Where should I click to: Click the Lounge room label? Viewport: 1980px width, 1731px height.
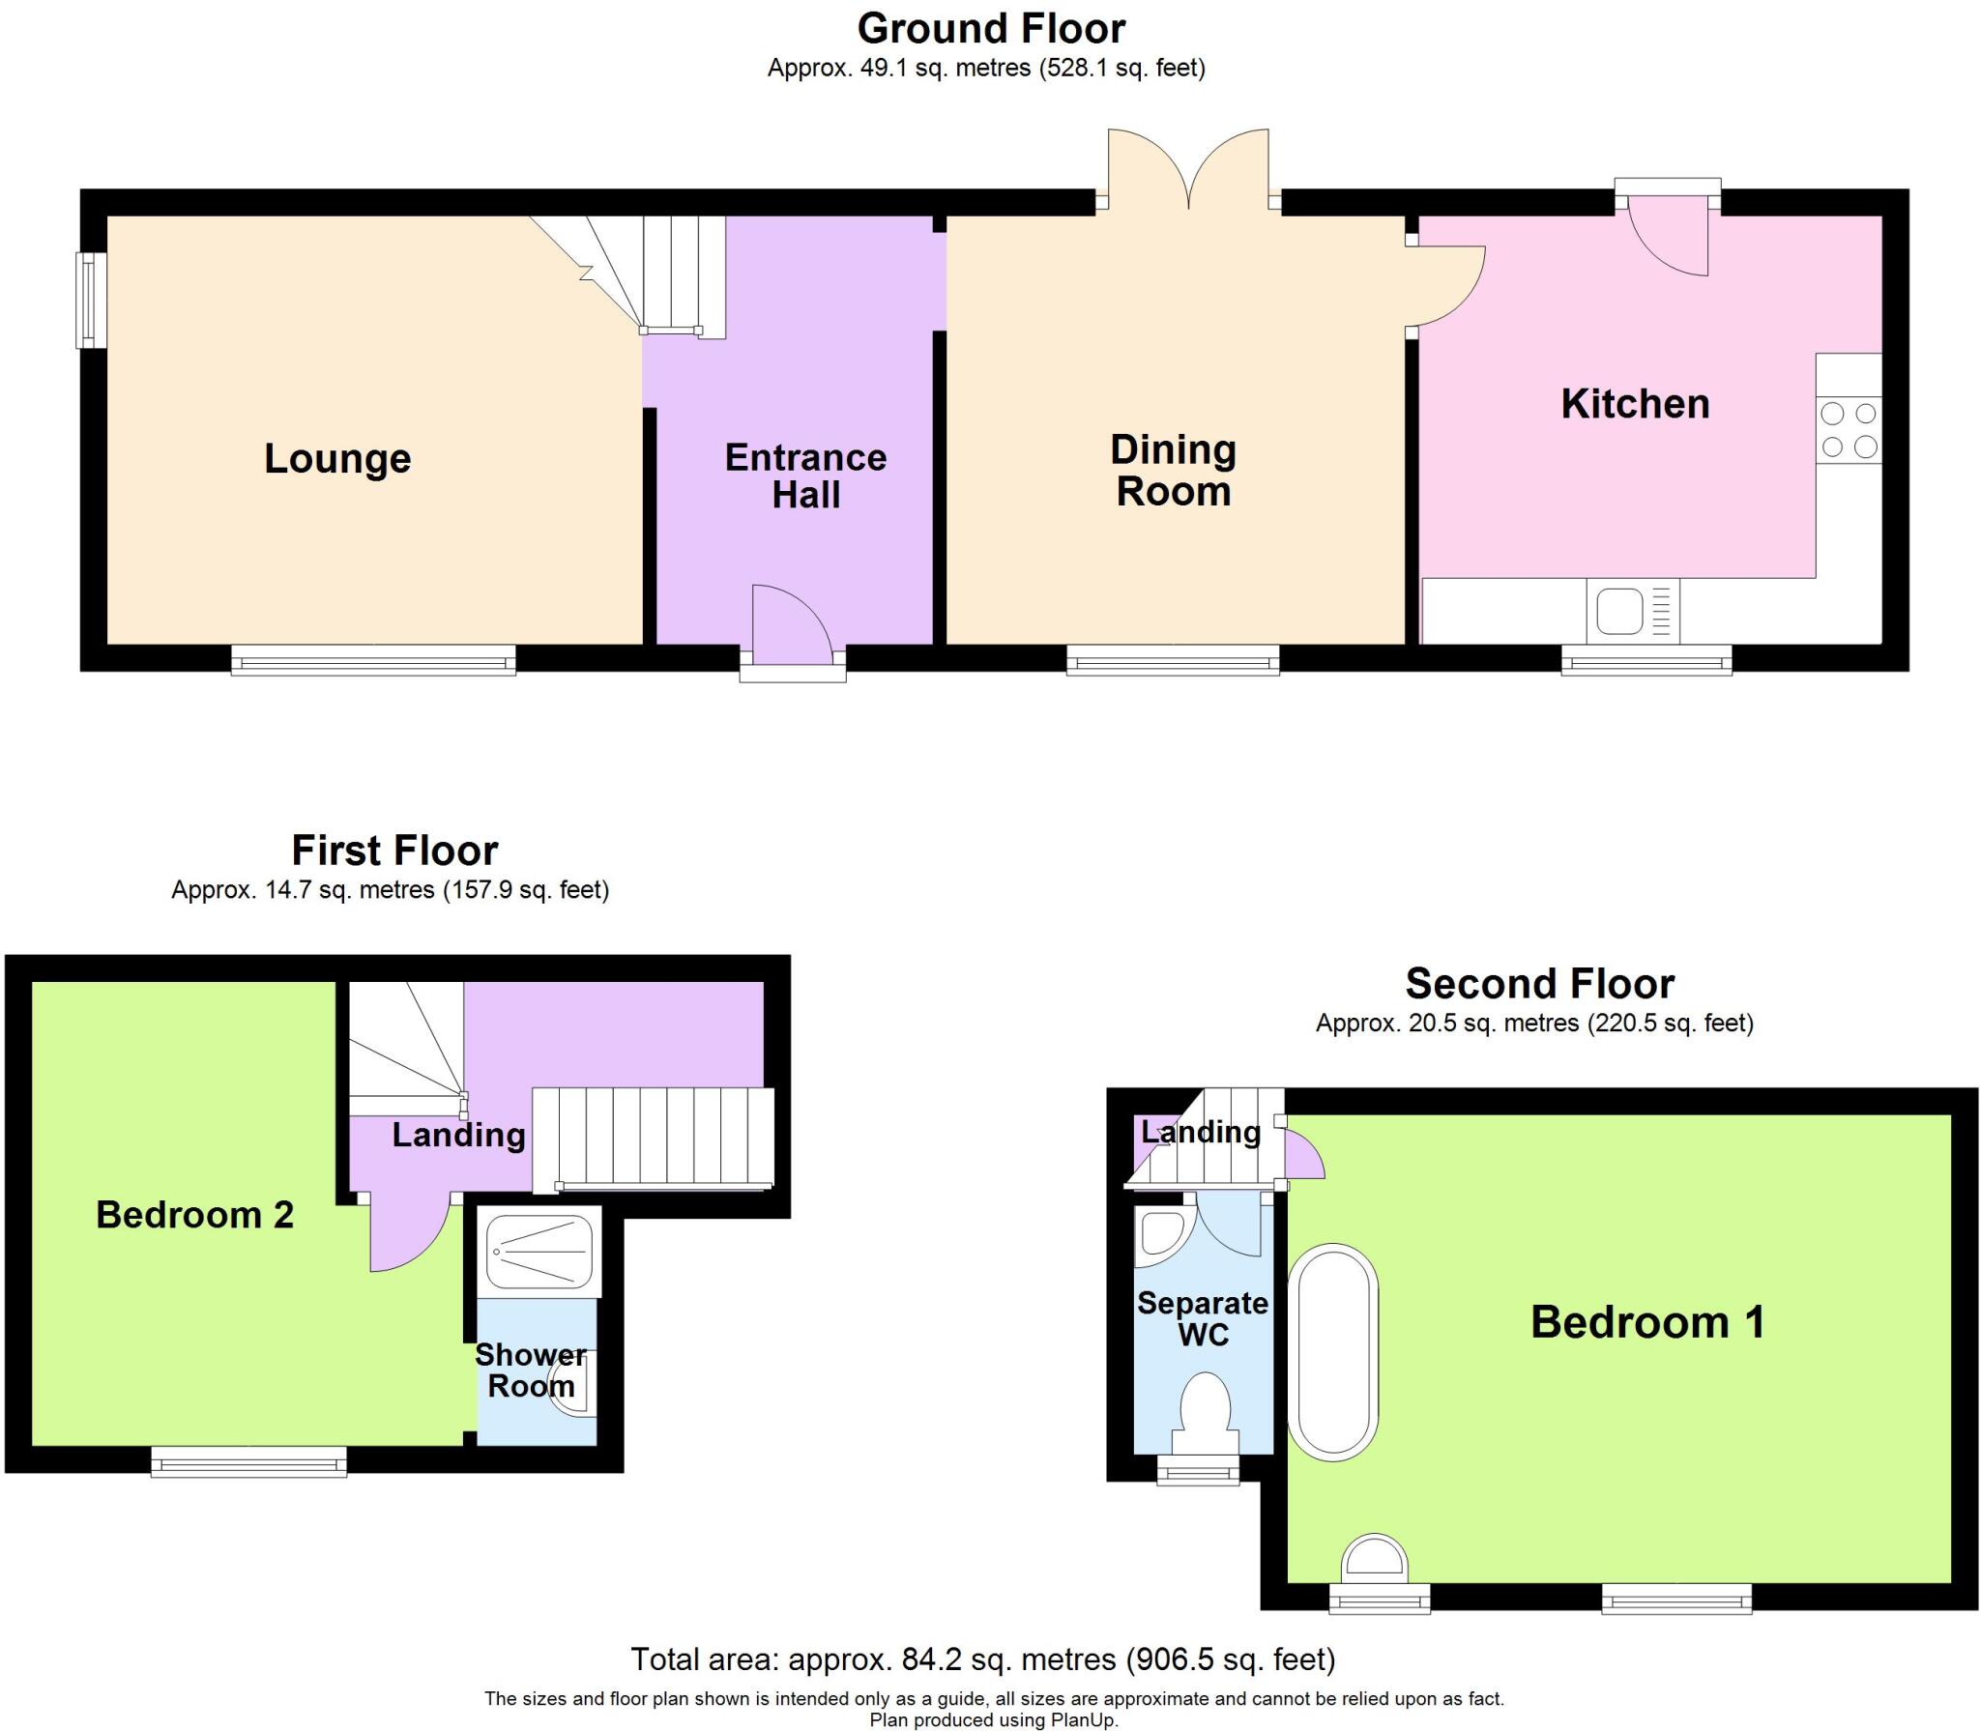tap(337, 458)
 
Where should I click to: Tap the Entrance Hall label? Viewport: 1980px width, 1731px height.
tap(805, 476)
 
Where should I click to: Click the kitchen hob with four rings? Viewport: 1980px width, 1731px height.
tap(1849, 431)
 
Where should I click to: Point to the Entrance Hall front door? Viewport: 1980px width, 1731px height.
tap(791, 626)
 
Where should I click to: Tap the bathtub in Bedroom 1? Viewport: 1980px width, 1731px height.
tap(1333, 1351)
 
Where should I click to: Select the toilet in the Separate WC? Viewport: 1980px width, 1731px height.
tap(1205, 1412)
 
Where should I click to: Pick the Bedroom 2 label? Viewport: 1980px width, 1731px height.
tap(194, 1215)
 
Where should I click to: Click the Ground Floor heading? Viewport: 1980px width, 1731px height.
tap(991, 29)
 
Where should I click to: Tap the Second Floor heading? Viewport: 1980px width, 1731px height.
tap(1539, 984)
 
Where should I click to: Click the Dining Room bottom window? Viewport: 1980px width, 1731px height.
tap(1173, 661)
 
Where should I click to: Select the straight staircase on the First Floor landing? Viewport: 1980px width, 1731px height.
tap(654, 1137)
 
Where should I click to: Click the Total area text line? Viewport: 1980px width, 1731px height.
tap(982, 1659)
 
